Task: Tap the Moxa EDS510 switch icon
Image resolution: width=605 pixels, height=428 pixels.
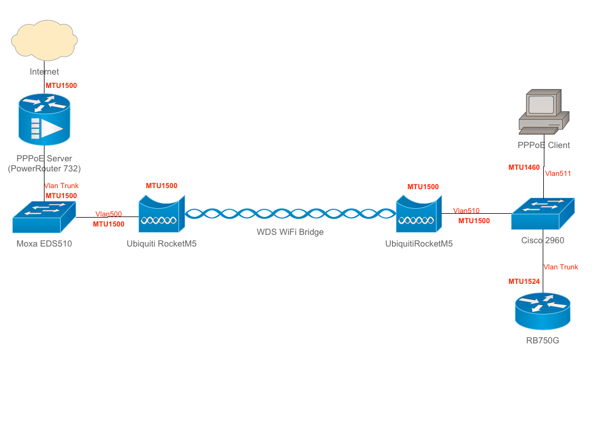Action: [x=44, y=217]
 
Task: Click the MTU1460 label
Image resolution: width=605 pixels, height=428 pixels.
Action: [x=524, y=168]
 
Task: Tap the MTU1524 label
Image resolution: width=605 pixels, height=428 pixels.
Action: [x=524, y=282]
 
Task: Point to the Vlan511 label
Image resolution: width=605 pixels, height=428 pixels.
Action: [x=558, y=174]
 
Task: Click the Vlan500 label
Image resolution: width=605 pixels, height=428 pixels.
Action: [x=108, y=214]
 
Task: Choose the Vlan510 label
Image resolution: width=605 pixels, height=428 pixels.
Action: [x=466, y=211]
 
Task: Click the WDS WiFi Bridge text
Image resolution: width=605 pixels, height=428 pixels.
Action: [x=290, y=232]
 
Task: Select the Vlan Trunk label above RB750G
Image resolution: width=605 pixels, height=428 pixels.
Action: [x=561, y=267]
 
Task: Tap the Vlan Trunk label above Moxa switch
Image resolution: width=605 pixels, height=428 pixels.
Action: [x=61, y=186]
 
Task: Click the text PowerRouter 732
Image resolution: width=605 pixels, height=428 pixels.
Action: [x=44, y=169]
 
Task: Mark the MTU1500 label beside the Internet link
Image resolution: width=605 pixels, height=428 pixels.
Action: [x=61, y=86]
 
